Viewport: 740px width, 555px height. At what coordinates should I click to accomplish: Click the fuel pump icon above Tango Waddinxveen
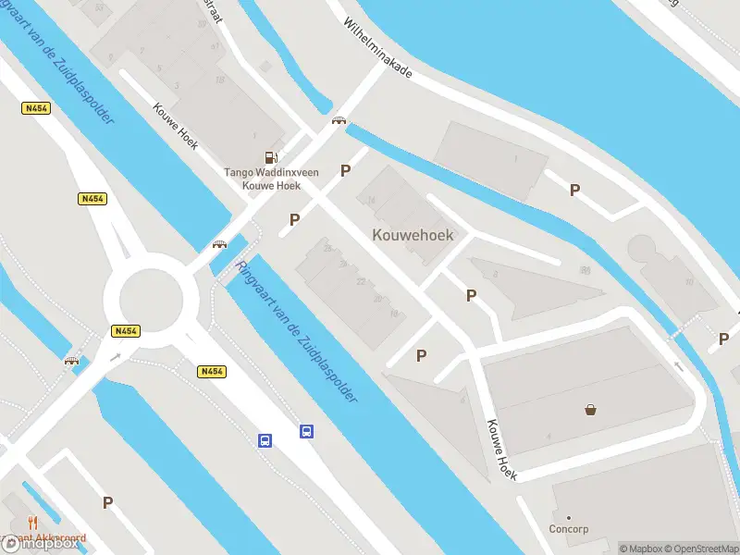[270, 158]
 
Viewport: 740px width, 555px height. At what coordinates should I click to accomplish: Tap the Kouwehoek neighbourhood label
[413, 235]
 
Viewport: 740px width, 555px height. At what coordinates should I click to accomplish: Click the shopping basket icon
[589, 410]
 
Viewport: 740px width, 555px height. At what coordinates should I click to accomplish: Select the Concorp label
[568, 529]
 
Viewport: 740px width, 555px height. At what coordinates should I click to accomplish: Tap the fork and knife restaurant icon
[32, 523]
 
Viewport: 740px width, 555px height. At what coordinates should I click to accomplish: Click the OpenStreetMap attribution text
[699, 549]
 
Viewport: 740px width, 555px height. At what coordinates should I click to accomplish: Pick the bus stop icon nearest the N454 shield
[265, 440]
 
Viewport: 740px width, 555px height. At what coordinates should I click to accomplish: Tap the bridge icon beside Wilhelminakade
[339, 120]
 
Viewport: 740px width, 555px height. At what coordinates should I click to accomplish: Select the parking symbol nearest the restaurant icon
[107, 503]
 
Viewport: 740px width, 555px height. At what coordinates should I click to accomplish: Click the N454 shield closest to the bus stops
[212, 372]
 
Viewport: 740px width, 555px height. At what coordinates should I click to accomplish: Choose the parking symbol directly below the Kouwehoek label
[471, 296]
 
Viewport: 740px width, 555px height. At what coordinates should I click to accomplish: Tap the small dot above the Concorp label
[568, 518]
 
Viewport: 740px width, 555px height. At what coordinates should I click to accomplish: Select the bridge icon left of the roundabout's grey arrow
[71, 361]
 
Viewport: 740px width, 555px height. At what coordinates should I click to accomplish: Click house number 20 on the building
[377, 298]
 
